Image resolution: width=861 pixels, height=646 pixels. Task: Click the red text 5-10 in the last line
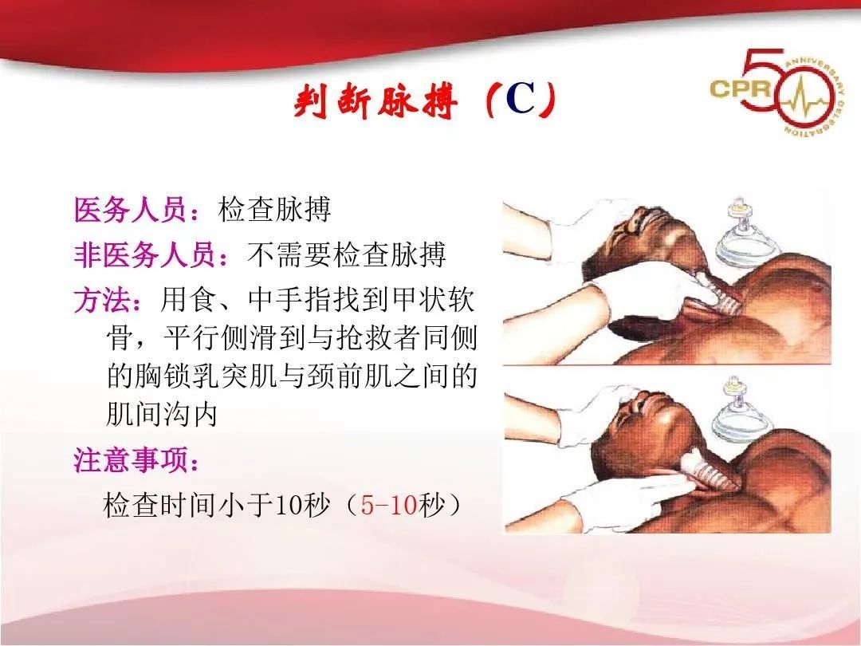389,506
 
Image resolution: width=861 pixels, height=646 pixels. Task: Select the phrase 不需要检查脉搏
347,255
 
